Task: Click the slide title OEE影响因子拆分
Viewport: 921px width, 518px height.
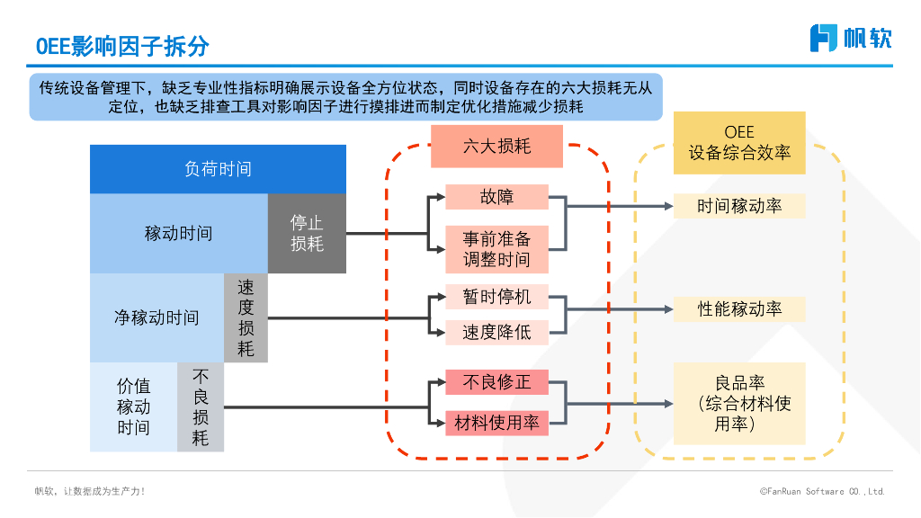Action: (122, 45)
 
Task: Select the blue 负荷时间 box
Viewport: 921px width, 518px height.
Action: (218, 169)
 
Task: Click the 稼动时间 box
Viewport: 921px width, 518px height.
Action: (178, 234)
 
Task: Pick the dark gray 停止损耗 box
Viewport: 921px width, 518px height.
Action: (307, 234)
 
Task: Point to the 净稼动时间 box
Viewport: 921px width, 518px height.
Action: (156, 318)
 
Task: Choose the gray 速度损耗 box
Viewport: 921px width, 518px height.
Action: (246, 318)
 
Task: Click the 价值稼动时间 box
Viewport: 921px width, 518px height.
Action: (133, 406)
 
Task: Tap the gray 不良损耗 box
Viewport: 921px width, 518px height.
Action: (200, 406)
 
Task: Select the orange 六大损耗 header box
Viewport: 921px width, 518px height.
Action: (496, 146)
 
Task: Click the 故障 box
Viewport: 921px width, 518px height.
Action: (496, 197)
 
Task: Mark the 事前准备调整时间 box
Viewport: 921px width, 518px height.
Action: (496, 249)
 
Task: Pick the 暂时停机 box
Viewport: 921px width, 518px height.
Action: (496, 297)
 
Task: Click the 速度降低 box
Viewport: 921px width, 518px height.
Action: (496, 332)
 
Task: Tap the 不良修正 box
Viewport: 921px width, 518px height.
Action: (496, 382)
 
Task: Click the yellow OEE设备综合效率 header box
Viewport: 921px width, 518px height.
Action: (739, 143)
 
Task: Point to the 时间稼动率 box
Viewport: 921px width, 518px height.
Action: (739, 206)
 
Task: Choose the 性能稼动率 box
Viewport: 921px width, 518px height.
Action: (739, 309)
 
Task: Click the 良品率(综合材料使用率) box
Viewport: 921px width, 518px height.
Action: (739, 404)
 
